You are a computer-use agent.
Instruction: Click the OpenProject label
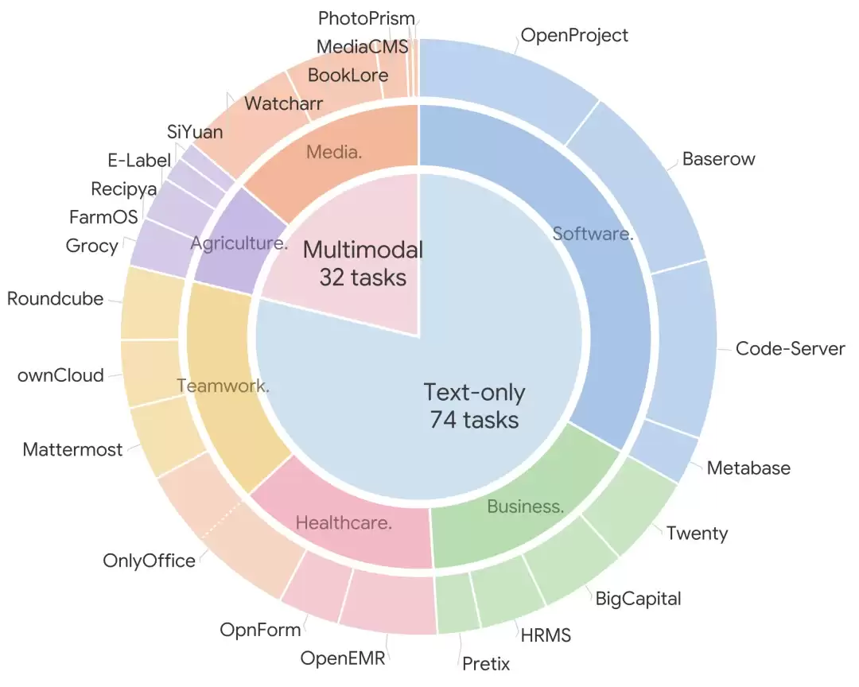pyautogui.click(x=574, y=36)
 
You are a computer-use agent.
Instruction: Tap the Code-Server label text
pyautogui.click(x=790, y=349)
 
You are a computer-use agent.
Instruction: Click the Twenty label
pyautogui.click(x=697, y=534)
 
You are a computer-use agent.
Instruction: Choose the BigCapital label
pyautogui.click(x=638, y=599)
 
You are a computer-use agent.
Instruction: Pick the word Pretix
pyautogui.click(x=486, y=664)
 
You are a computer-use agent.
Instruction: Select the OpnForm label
pyautogui.click(x=260, y=630)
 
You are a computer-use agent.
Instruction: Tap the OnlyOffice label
pyautogui.click(x=149, y=561)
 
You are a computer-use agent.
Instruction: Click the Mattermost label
pyautogui.click(x=72, y=450)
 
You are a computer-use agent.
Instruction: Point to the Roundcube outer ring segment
pyautogui.click(x=152, y=303)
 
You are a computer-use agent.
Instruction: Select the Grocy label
pyautogui.click(x=91, y=246)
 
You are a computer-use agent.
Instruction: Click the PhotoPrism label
pyautogui.click(x=367, y=18)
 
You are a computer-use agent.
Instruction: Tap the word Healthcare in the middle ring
pyautogui.click(x=344, y=523)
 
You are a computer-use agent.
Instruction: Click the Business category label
pyautogui.click(x=526, y=507)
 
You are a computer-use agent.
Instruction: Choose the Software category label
pyautogui.click(x=593, y=234)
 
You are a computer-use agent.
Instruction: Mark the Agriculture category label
pyautogui.click(x=239, y=243)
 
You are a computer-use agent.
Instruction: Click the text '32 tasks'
pyautogui.click(x=363, y=278)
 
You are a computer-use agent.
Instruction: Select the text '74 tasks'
pyautogui.click(x=474, y=420)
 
